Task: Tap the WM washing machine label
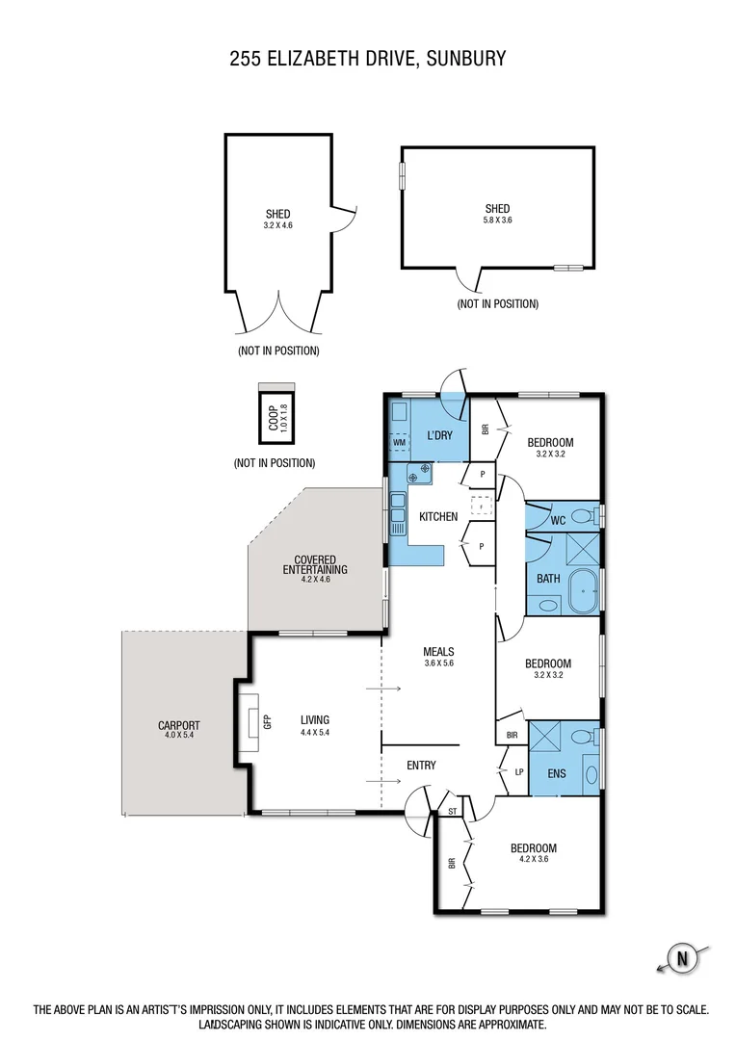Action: pyautogui.click(x=398, y=442)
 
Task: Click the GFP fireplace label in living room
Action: pyautogui.click(x=268, y=719)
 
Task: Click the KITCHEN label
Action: pyautogui.click(x=438, y=517)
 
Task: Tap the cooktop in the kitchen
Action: pyautogui.click(x=420, y=473)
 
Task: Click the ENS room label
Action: pyautogui.click(x=557, y=773)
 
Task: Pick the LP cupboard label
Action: pyautogui.click(x=519, y=771)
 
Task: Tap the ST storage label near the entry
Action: pyautogui.click(x=452, y=812)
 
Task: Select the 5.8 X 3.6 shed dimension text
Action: pyautogui.click(x=497, y=221)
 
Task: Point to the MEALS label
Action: pyautogui.click(x=438, y=651)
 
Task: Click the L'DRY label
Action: pyautogui.click(x=439, y=436)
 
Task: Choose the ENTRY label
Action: pyautogui.click(x=421, y=766)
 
